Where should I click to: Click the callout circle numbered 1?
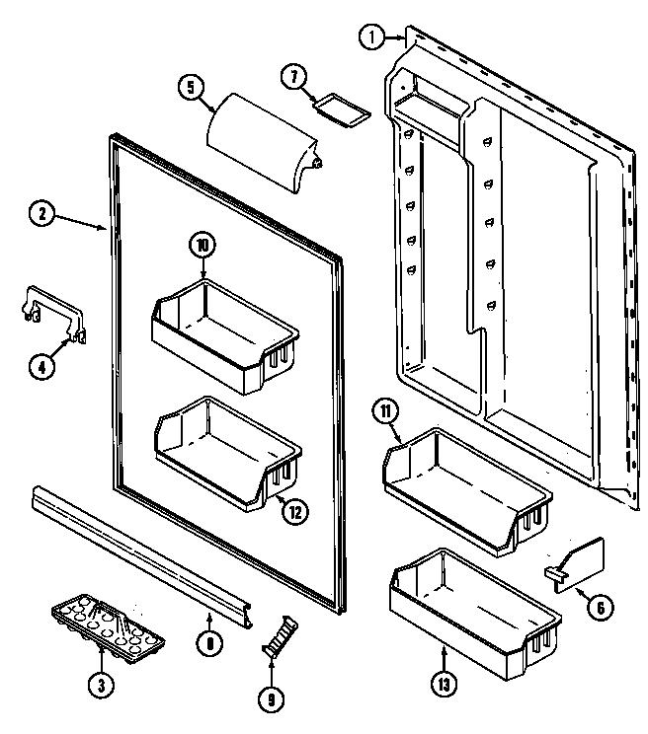[370, 37]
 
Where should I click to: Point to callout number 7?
[293, 76]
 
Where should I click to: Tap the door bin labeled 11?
[464, 482]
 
